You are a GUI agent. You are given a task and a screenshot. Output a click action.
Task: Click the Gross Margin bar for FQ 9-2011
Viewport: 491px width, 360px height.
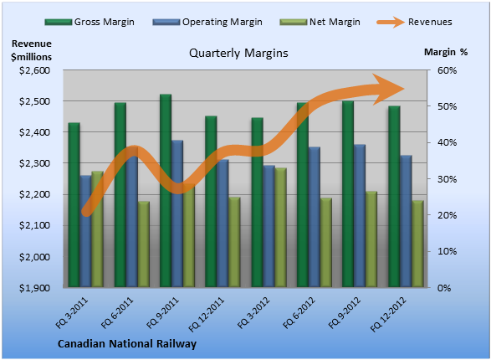click(x=166, y=191)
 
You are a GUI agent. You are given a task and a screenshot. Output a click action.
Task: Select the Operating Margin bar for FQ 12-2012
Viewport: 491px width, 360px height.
click(x=406, y=221)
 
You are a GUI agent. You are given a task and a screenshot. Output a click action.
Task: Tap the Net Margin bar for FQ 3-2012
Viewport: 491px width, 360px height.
click(x=281, y=228)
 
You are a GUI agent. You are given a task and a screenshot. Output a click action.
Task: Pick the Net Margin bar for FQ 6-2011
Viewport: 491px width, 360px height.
click(x=144, y=244)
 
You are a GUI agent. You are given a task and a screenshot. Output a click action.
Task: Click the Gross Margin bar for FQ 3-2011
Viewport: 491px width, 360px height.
click(x=74, y=205)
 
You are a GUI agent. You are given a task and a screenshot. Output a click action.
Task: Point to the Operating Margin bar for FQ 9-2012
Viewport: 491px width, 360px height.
click(x=360, y=216)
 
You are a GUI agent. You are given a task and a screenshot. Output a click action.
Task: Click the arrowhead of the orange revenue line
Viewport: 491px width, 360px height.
click(x=388, y=90)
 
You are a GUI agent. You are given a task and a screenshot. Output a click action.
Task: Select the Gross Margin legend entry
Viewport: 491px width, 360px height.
click(x=90, y=22)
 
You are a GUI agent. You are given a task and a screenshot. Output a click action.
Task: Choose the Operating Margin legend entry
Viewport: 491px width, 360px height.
click(x=207, y=22)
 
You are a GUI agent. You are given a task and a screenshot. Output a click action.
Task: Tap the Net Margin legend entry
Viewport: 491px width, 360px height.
click(x=320, y=22)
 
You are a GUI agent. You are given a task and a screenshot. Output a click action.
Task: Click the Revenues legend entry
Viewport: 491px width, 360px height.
click(x=414, y=22)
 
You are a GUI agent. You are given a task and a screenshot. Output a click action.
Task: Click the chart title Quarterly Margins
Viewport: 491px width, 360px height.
click(x=238, y=53)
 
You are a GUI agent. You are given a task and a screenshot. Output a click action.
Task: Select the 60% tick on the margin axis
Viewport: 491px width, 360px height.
click(x=448, y=70)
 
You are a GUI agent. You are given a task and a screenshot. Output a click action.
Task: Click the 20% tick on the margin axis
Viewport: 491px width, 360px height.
click(x=448, y=215)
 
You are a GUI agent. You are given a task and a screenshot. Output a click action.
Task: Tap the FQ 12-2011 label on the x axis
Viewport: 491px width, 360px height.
click(x=207, y=315)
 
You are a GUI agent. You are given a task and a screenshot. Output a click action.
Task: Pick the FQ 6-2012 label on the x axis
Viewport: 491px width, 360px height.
click(x=299, y=313)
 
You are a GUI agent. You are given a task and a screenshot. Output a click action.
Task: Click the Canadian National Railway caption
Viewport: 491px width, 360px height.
click(x=127, y=344)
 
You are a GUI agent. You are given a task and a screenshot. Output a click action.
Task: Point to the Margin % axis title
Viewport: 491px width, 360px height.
click(x=446, y=52)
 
